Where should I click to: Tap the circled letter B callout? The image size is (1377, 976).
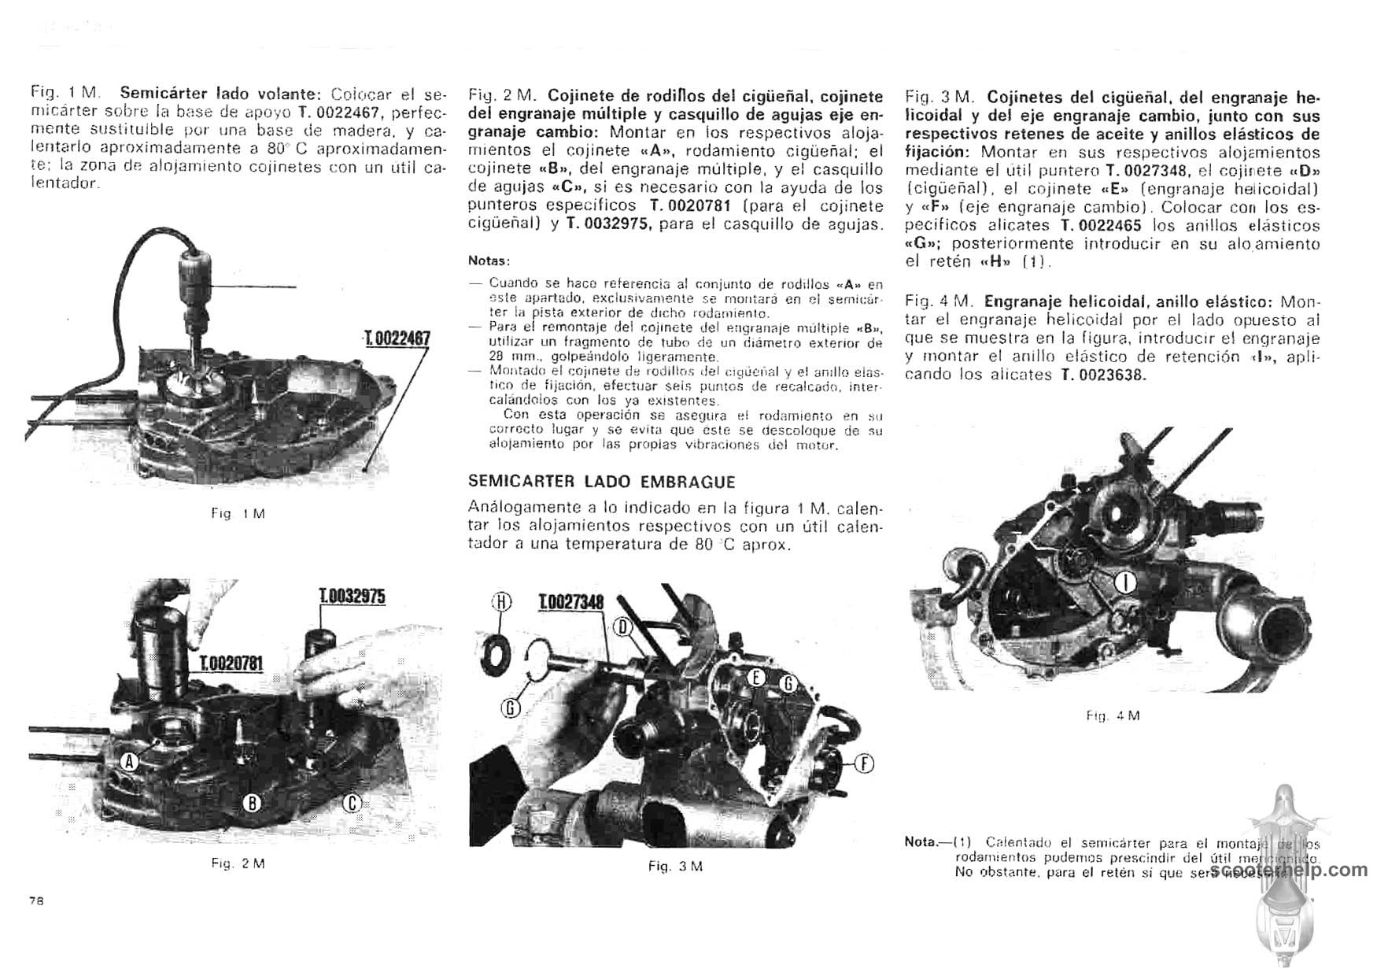pyautogui.click(x=252, y=802)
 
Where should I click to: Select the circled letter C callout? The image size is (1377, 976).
pyautogui.click(x=353, y=802)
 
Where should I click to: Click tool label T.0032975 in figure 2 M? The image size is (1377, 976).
pyautogui.click(x=352, y=596)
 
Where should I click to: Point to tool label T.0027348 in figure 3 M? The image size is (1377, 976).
pyautogui.click(x=571, y=603)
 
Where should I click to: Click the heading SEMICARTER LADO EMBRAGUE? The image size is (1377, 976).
pyautogui.click(x=601, y=482)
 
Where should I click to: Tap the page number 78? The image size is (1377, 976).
pyautogui.click(x=36, y=902)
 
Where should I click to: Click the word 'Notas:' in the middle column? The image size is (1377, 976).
pyautogui.click(x=489, y=261)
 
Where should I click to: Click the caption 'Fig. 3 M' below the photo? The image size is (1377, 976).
pyautogui.click(x=675, y=866)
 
